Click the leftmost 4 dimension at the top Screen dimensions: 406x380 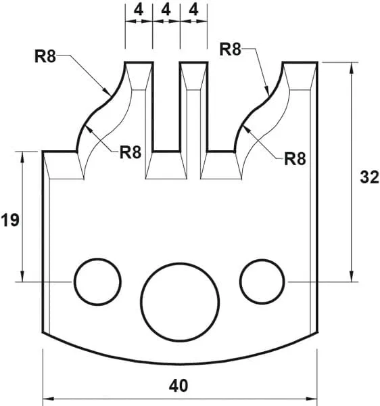point(138,10)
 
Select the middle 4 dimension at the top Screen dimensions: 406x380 point(166,10)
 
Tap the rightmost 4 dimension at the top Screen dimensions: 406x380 point(194,10)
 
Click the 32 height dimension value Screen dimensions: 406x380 point(369,177)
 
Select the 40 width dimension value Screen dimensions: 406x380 point(179,385)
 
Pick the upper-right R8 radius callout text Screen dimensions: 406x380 point(231,49)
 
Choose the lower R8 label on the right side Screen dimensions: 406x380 point(295,159)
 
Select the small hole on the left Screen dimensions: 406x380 point(97,281)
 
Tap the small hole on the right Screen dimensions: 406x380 point(262,281)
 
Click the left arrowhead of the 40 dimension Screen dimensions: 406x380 point(48,398)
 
